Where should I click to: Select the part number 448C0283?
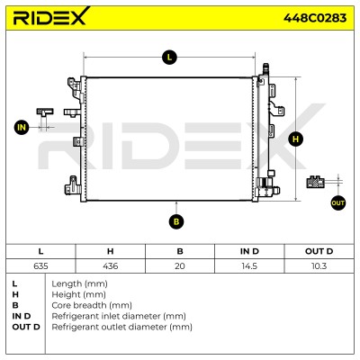coord(315,18)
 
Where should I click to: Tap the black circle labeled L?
coord(169,57)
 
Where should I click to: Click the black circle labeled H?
coord(295,139)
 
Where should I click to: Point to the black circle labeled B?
coord(176,221)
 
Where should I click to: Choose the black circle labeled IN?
coord(22,128)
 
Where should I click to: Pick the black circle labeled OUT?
coord(337,202)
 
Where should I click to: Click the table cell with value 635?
coord(40,266)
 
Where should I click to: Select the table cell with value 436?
coord(111,266)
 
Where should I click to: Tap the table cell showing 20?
coord(180,266)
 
